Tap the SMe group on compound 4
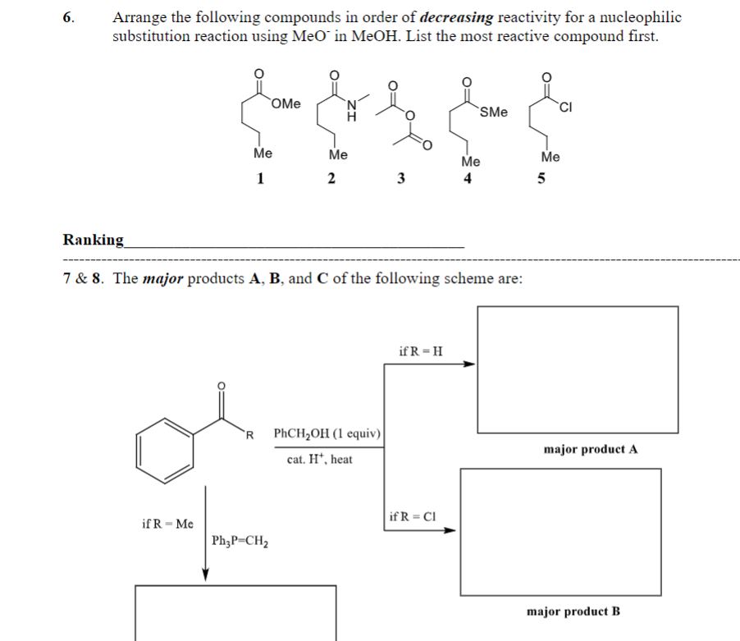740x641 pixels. pos(493,112)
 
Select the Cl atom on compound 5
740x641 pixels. pos(566,104)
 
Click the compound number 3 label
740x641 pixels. pos(400,181)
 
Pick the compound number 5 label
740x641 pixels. pos(541,181)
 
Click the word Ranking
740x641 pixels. pos(94,240)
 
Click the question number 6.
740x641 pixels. pos(69,17)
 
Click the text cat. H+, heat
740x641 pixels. pos(320,460)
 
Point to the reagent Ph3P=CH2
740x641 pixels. pos(241,541)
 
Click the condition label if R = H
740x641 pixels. pos(421,351)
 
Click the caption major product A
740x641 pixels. pos(590,449)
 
